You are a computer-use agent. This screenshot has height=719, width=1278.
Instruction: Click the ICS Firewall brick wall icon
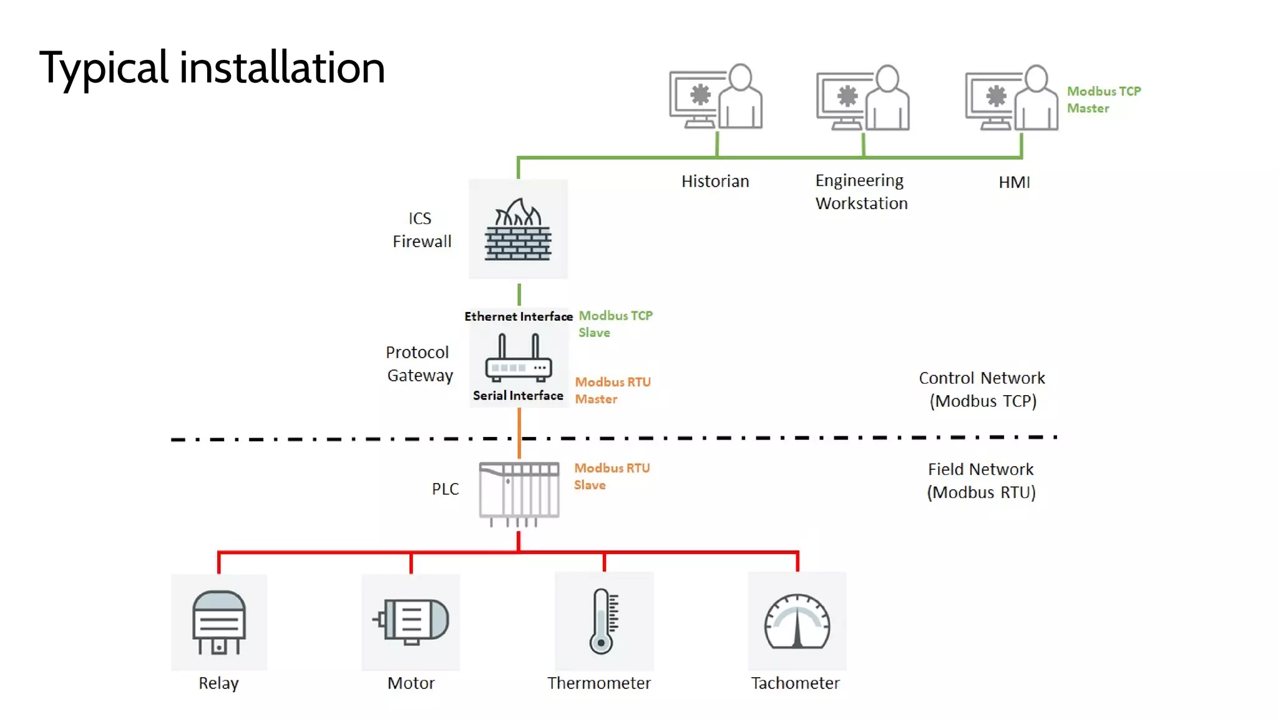pyautogui.click(x=518, y=230)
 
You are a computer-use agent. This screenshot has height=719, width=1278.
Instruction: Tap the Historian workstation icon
pyautogui.click(x=716, y=97)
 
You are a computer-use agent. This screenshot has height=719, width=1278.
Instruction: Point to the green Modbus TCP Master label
pyautogui.click(x=1103, y=99)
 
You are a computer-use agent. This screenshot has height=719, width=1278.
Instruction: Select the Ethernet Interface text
pyautogui.click(x=518, y=316)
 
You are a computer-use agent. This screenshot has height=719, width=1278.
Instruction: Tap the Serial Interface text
pyautogui.click(x=518, y=396)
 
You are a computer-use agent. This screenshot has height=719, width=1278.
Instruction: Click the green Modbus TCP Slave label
pyautogui.click(x=615, y=324)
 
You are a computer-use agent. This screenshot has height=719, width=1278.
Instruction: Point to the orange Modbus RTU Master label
pyautogui.click(x=612, y=390)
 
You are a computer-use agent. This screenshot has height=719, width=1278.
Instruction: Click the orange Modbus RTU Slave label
pyautogui.click(x=612, y=476)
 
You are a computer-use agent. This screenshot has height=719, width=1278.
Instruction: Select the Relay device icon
pyautogui.click(x=218, y=622)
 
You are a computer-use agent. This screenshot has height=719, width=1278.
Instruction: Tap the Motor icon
pyautogui.click(x=411, y=621)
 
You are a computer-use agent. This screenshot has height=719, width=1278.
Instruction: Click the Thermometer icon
pyautogui.click(x=603, y=621)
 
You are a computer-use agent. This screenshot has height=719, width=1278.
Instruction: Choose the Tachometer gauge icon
pyautogui.click(x=797, y=622)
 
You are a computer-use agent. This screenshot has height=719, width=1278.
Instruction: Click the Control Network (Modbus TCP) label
pyautogui.click(x=982, y=389)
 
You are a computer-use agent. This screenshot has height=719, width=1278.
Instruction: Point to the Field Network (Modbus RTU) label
pyautogui.click(x=981, y=481)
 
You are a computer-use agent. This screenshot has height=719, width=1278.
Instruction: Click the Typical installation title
pyautogui.click(x=212, y=67)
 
